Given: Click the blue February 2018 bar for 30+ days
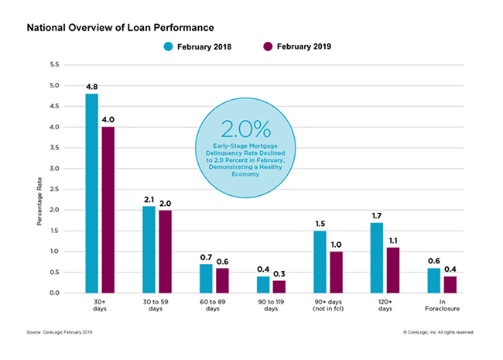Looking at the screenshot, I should (91, 194).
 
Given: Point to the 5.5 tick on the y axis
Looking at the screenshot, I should (53, 64).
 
